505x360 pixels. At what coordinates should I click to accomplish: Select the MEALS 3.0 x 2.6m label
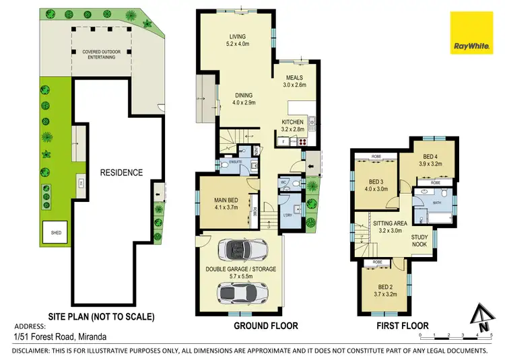coord(294,81)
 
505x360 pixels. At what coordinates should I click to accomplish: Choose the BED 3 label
coord(376,184)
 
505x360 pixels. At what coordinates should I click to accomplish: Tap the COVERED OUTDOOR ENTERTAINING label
coord(99,55)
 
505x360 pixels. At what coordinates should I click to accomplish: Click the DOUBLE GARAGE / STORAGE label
coord(240,273)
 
